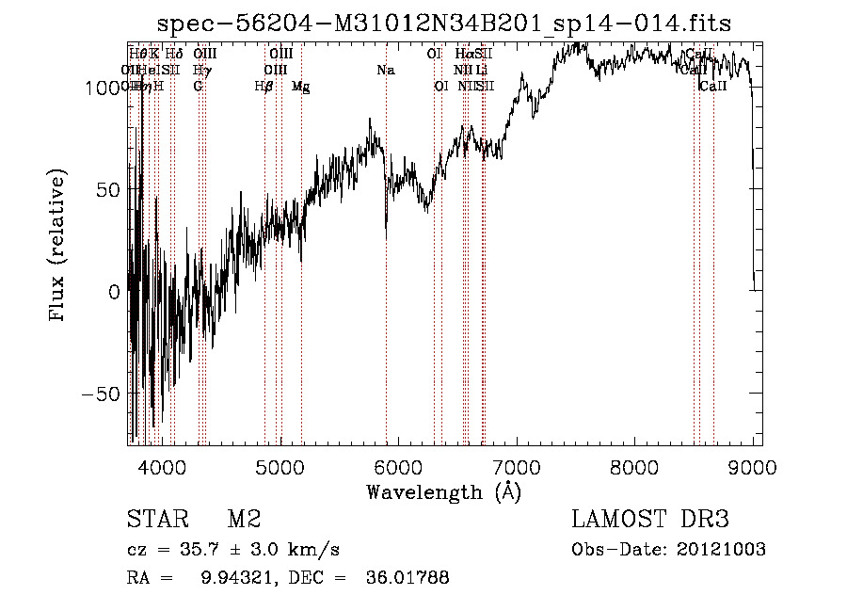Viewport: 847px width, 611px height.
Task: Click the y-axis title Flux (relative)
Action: pos(59,247)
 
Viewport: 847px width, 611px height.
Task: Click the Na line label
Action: pos(385,70)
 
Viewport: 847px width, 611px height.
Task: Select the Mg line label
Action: pos(301,86)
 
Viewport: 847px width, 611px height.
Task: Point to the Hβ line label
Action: pos(264,86)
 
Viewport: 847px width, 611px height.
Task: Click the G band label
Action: pos(198,86)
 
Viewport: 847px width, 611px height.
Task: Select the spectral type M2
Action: pos(243,520)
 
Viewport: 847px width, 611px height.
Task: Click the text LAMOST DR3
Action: pos(650,520)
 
